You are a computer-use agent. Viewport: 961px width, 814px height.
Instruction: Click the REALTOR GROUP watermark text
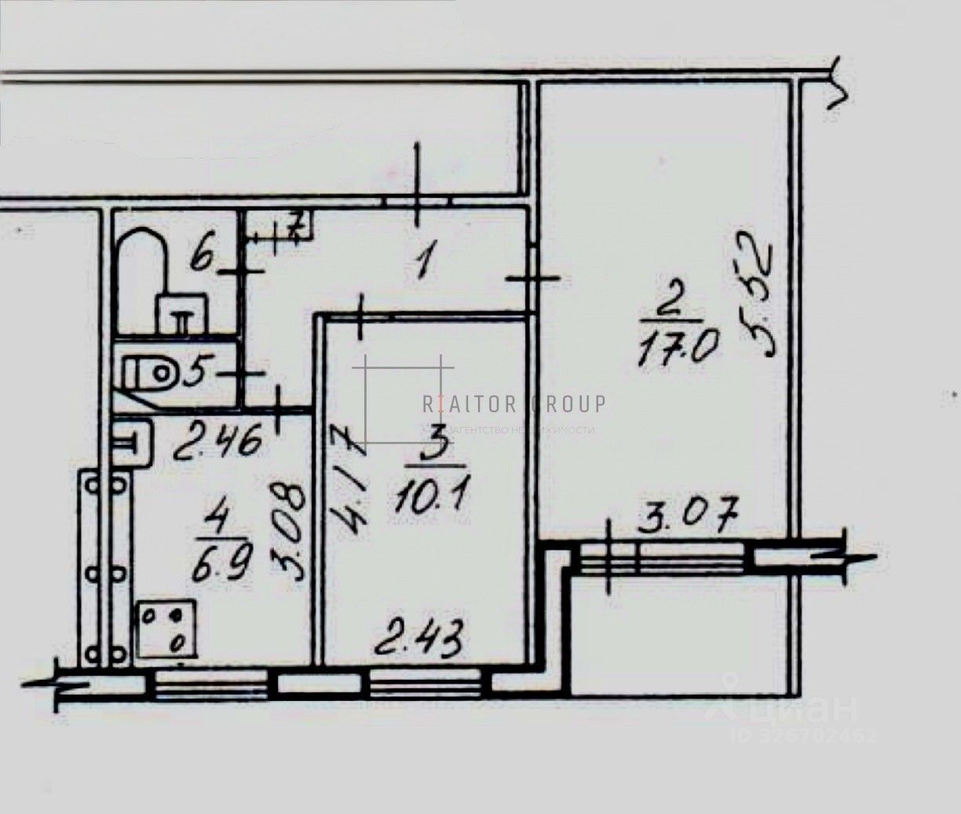(514, 404)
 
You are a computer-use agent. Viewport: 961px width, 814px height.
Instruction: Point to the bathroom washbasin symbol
(181, 312)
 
